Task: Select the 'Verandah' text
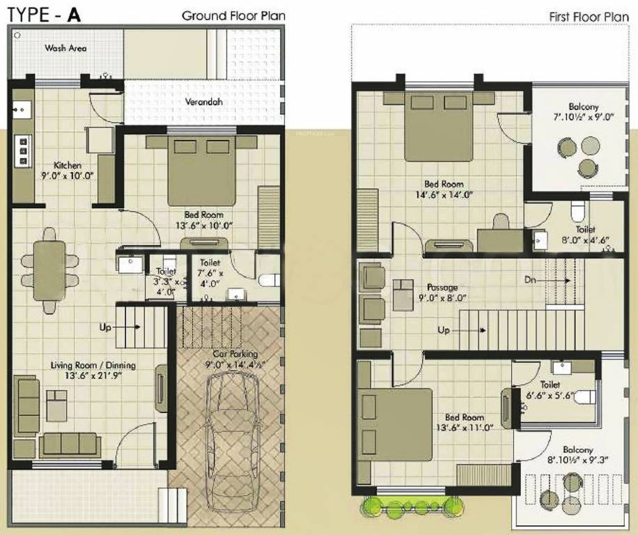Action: click(x=203, y=102)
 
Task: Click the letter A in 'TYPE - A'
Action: click(x=74, y=15)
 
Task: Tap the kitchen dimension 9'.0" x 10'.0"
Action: click(x=68, y=175)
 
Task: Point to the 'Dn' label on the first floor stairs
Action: click(x=531, y=280)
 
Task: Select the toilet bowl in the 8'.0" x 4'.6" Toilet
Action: click(x=578, y=210)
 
